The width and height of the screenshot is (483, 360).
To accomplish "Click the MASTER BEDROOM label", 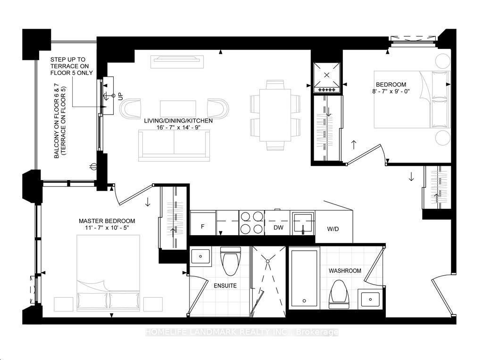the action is click(x=107, y=221).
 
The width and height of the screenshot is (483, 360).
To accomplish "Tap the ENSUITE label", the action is click(x=225, y=286).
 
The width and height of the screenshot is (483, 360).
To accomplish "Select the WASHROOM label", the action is click(x=345, y=271).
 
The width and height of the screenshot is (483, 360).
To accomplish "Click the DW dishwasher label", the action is click(x=278, y=228).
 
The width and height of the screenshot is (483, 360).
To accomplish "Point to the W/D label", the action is click(x=333, y=229).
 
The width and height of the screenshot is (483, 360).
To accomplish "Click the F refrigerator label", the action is click(x=203, y=227).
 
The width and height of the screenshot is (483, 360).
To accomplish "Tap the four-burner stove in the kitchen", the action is click(x=252, y=223).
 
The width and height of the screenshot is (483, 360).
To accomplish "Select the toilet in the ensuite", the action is click(x=230, y=261).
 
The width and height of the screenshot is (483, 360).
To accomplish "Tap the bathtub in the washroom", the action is click(x=304, y=278).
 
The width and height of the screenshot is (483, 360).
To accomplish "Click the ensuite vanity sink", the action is click(x=200, y=256).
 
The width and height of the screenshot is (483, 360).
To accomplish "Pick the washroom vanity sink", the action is click(x=371, y=299).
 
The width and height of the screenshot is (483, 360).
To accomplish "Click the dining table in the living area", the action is click(x=275, y=115).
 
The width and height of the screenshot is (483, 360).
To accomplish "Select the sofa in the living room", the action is click(x=174, y=146).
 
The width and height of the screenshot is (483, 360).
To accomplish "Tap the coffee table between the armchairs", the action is click(x=178, y=109).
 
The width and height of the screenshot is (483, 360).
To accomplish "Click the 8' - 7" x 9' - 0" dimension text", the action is click(x=391, y=91).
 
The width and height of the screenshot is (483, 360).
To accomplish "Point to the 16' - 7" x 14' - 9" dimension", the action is click(x=178, y=127).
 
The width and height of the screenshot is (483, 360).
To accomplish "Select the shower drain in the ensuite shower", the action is click(x=268, y=261).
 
